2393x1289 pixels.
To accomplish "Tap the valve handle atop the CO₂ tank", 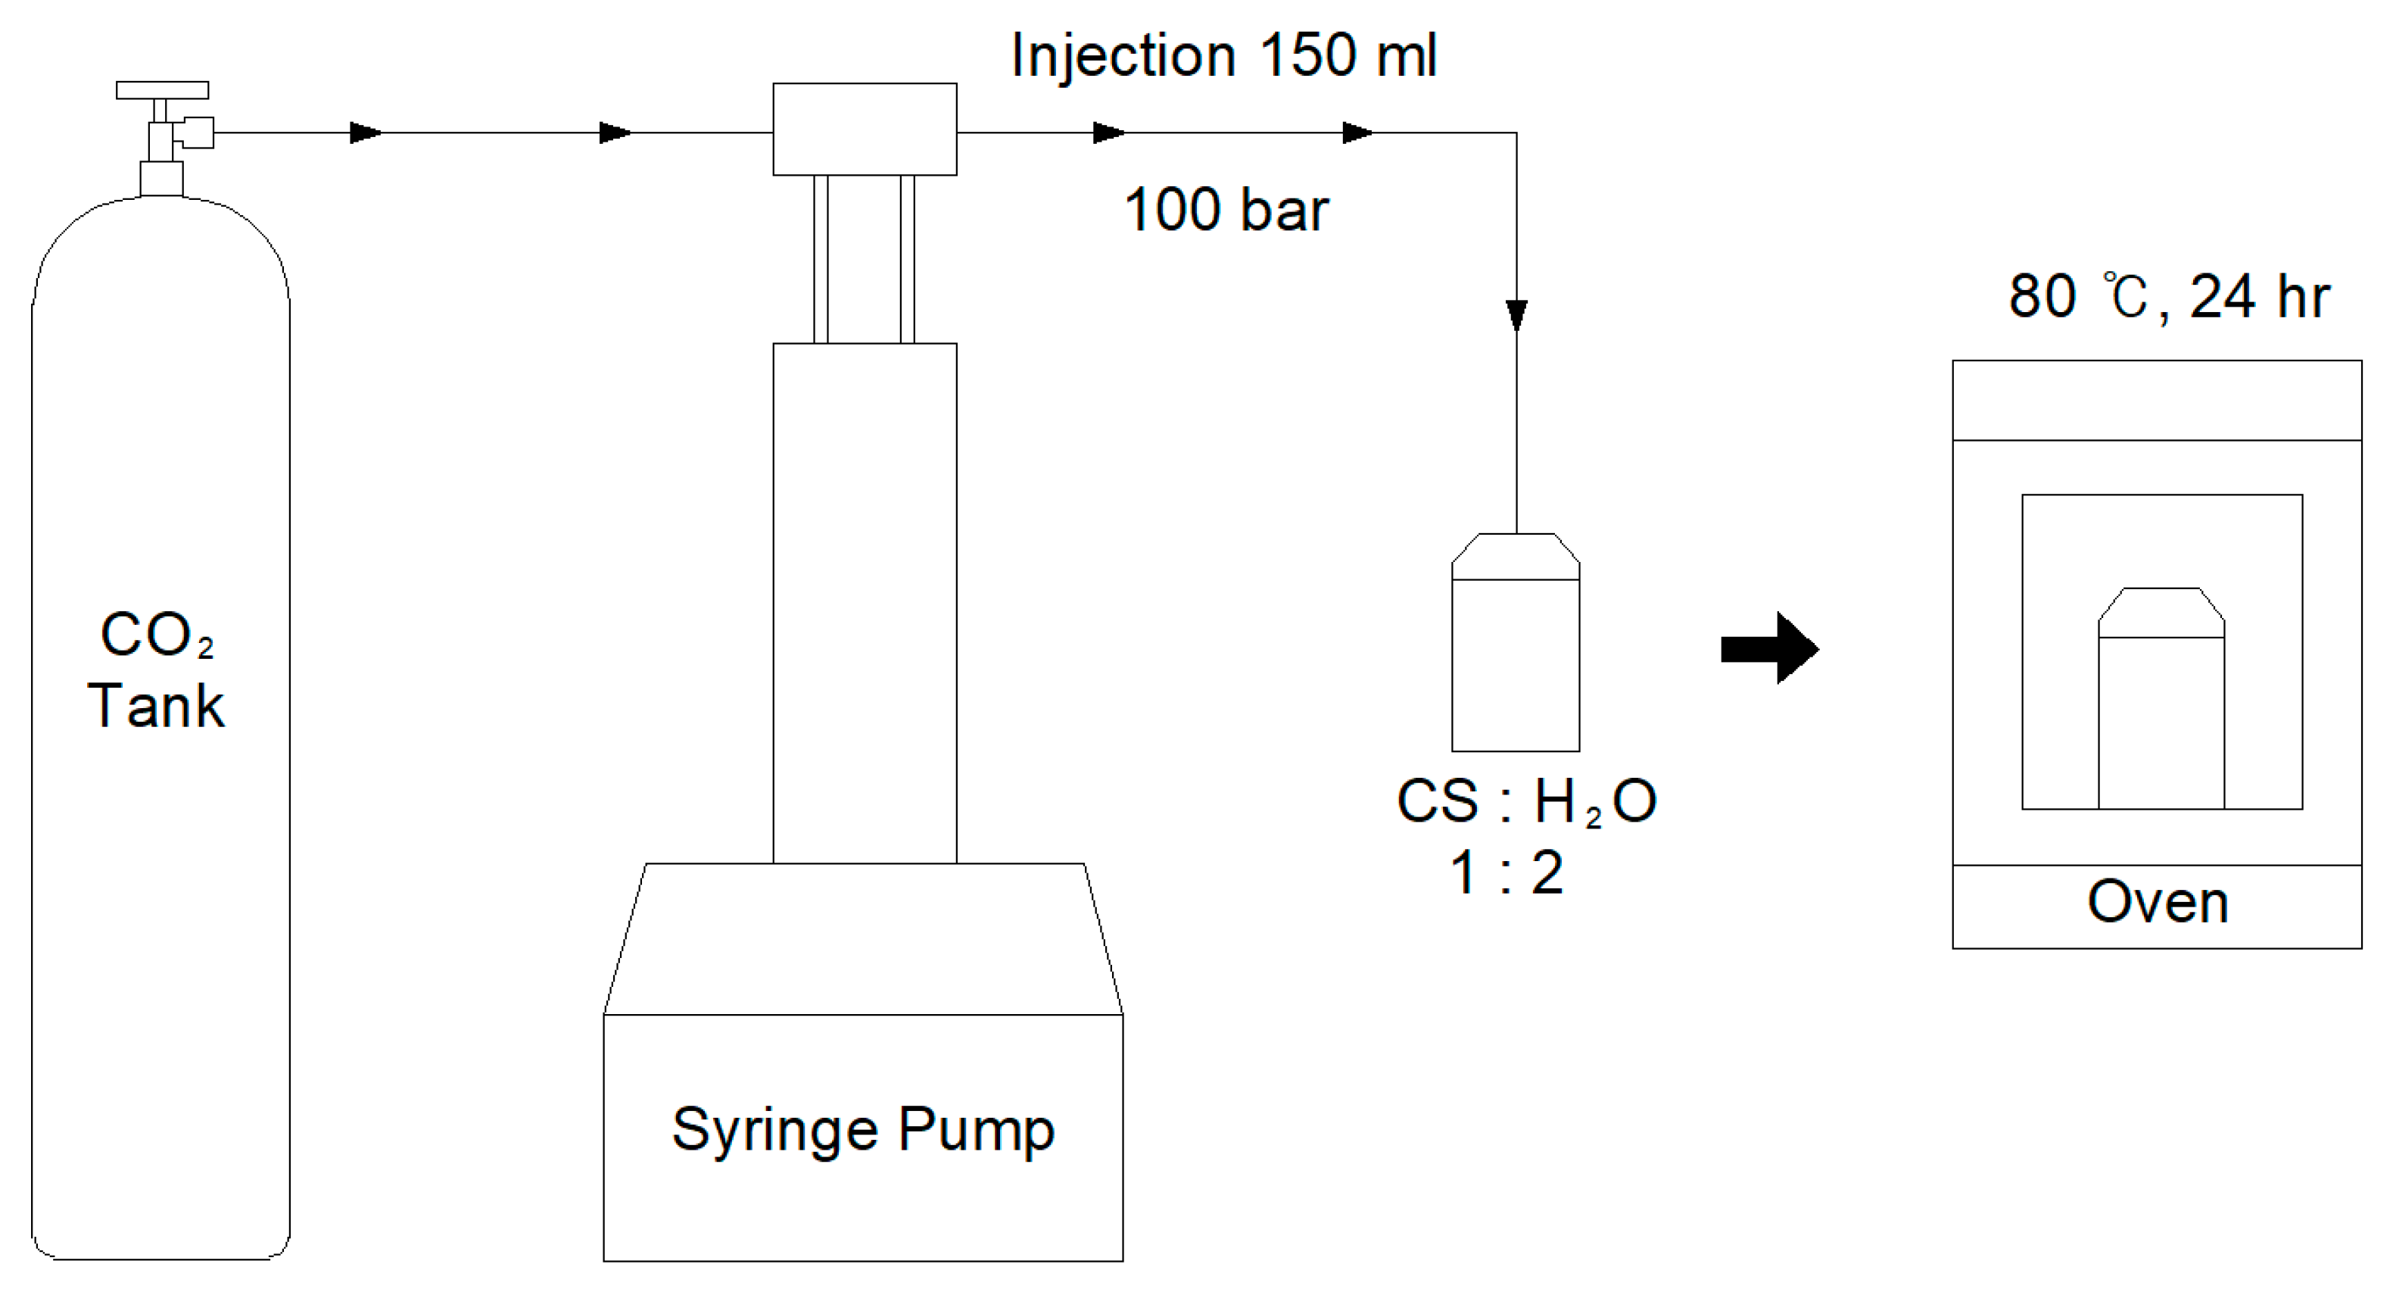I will click(x=162, y=90).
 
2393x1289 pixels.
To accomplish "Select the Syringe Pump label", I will click(x=863, y=1131).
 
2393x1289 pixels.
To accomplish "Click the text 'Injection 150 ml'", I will click(x=1223, y=56).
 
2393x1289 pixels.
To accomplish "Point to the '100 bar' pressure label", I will click(x=1226, y=210).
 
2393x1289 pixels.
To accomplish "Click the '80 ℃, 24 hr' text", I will click(x=2169, y=298).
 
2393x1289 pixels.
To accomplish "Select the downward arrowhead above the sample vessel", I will click(x=1516, y=315).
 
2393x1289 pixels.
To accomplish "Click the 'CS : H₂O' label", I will click(x=1526, y=801).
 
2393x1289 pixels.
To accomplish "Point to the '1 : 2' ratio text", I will click(x=1507, y=873).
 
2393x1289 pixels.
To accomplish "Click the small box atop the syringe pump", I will click(x=865, y=130).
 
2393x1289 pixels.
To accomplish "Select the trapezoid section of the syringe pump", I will click(x=863, y=938).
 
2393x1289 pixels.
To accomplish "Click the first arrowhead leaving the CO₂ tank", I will click(x=365, y=133).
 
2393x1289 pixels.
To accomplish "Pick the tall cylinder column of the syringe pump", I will click(x=865, y=604).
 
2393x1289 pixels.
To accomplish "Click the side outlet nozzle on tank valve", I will click(x=197, y=132).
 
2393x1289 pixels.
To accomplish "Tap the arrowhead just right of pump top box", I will click(x=1108, y=133).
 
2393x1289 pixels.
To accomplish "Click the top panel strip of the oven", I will click(x=2156, y=401).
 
